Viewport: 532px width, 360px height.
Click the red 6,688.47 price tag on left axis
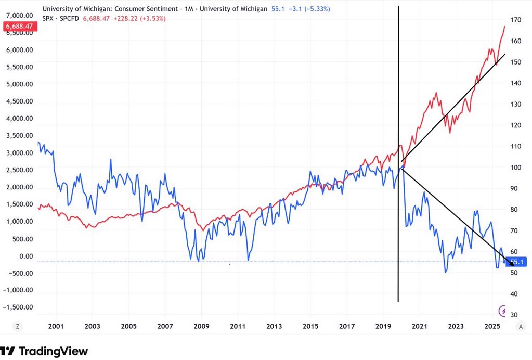(x=17, y=26)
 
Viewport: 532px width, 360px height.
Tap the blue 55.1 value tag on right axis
(x=518, y=263)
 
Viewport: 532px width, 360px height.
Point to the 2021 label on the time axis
(x=420, y=326)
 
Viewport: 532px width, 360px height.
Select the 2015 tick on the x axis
(x=310, y=326)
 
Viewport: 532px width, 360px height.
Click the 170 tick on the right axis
(x=515, y=20)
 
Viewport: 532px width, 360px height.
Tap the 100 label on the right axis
(x=515, y=168)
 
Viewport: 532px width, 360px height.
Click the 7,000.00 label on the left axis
(x=18, y=16)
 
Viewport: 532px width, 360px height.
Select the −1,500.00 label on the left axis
(x=18, y=307)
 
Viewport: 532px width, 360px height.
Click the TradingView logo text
(x=53, y=351)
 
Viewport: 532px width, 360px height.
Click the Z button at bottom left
(x=18, y=326)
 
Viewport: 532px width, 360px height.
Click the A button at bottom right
(x=521, y=326)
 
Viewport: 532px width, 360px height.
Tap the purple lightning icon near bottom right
(x=502, y=311)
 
